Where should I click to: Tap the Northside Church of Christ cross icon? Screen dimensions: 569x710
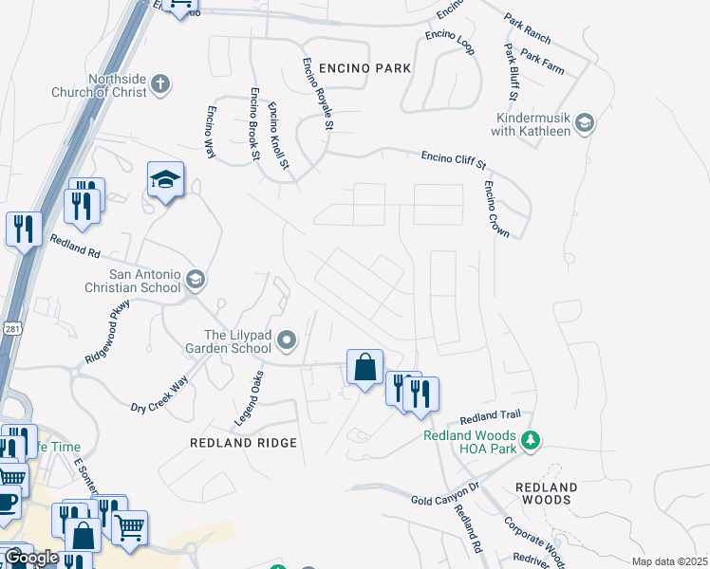coord(160,84)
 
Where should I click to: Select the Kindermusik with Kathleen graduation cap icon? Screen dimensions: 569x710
coord(585,122)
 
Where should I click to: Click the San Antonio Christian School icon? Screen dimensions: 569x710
coord(196,279)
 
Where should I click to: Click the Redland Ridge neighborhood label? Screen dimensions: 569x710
coord(243,443)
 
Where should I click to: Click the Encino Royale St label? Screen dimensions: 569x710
coord(317,94)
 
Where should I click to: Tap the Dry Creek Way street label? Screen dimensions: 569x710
coord(159,394)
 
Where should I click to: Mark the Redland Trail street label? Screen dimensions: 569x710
coord(491,417)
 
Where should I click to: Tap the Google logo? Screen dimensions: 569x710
coord(31,558)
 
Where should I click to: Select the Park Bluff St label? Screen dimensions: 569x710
coord(510,72)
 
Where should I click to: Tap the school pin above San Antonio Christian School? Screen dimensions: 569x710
coord(165,179)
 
